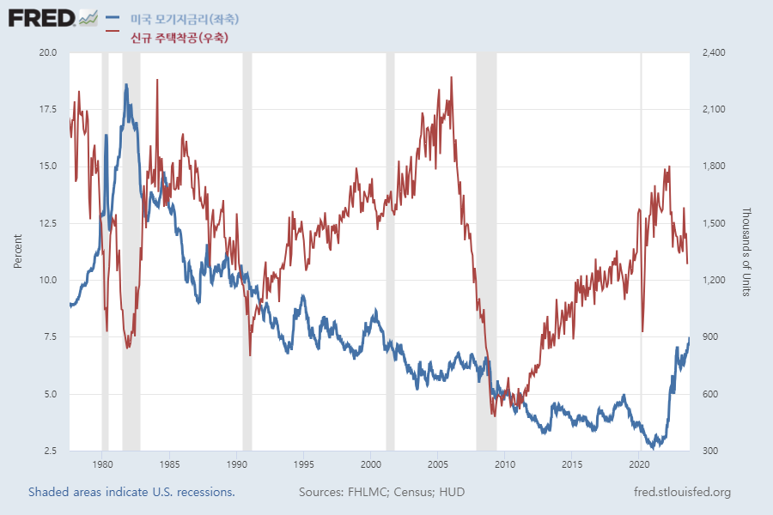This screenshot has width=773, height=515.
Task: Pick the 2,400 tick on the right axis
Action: pyautogui.click(x=715, y=52)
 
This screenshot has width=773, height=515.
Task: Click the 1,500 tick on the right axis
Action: pyautogui.click(x=715, y=223)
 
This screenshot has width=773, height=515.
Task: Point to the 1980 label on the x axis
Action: pyautogui.click(x=102, y=463)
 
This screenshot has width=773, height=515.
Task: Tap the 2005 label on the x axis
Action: pyautogui.click(x=437, y=463)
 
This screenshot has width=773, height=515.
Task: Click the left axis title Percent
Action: pyautogui.click(x=18, y=251)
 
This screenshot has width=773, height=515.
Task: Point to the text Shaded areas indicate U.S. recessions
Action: pyautogui.click(x=131, y=493)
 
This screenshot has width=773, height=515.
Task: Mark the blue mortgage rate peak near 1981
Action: pyautogui.click(x=126, y=85)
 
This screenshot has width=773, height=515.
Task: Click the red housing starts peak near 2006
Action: pyautogui.click(x=452, y=77)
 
